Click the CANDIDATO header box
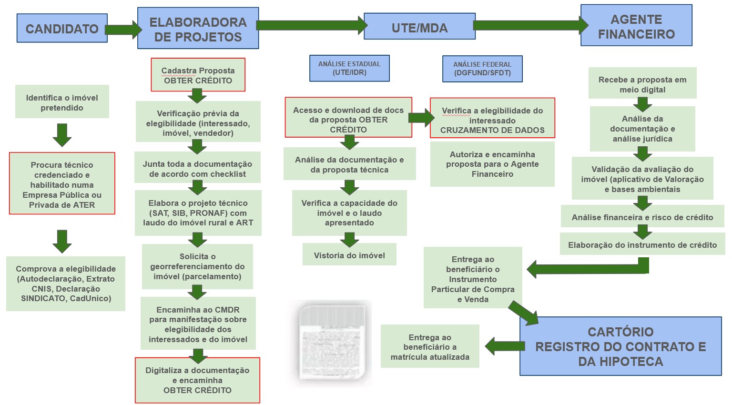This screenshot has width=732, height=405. point(62,29)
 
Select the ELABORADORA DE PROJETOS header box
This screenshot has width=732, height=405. point(198,29)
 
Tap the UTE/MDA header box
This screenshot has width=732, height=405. point(419,28)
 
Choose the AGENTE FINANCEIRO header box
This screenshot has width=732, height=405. point(636,26)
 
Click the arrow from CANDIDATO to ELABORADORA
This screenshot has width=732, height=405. point(123,30)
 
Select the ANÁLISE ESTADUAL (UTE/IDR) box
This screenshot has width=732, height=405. point(349,68)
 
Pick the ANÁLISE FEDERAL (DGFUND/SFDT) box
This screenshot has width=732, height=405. point(482,69)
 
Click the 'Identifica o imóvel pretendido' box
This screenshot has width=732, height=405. point(62,102)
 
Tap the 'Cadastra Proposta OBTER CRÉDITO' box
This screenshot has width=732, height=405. point(198,75)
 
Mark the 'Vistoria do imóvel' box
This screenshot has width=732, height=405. point(349,255)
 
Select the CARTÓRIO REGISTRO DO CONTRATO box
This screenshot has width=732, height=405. point(620,346)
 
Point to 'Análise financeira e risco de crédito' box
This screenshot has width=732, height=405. point(642,217)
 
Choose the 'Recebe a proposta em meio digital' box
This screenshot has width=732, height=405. point(642,84)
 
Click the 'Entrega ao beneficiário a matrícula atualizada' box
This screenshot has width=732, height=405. point(430,346)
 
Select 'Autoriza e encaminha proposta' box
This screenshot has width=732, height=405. point(492,164)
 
